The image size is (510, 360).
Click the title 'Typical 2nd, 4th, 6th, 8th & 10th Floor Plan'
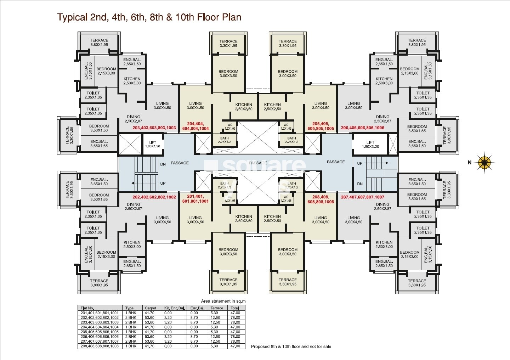[x=149, y=17]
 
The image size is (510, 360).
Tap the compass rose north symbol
[x=483, y=162]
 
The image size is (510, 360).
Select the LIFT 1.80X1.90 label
[x=152, y=144]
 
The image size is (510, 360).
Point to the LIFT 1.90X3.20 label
[x=370, y=144]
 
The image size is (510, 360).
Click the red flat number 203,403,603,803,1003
[x=154, y=128]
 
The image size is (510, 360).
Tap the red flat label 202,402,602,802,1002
[x=154, y=197]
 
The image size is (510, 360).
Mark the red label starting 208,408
[x=321, y=199]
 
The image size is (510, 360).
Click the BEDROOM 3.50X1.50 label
[x=99, y=128]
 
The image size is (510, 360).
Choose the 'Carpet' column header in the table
[x=150, y=308]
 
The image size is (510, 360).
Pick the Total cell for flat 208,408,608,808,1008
[x=235, y=346]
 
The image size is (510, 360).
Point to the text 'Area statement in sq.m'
[x=223, y=301]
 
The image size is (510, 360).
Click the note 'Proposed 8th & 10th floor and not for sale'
[x=291, y=347]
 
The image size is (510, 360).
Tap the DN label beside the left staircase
[x=163, y=164]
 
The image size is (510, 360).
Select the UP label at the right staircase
[x=359, y=163]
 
